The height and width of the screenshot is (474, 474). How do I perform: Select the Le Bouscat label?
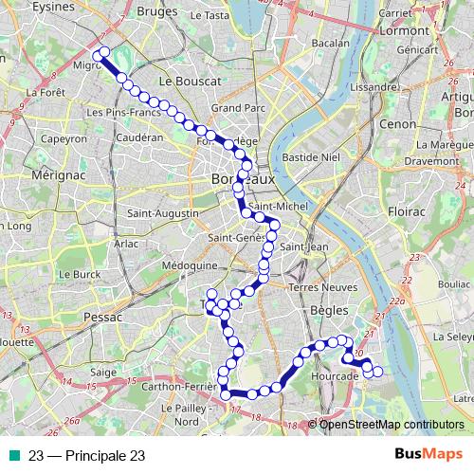(190, 82)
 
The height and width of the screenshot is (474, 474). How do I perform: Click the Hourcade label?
(335, 376)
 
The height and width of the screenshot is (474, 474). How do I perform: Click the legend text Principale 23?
(86, 455)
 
